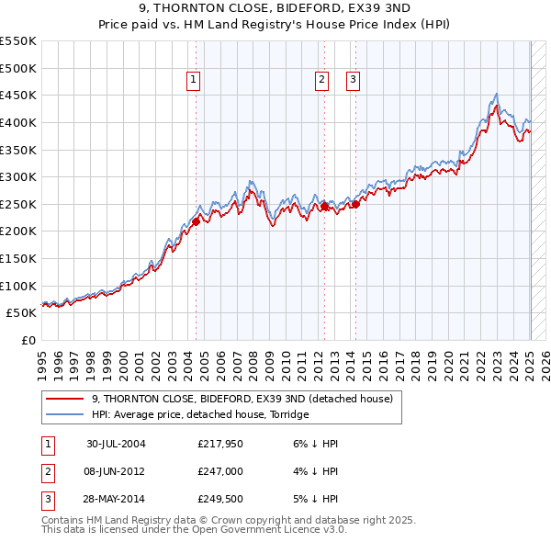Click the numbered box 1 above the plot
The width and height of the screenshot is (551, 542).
tap(195, 81)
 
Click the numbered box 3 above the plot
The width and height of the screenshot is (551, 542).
tap(354, 81)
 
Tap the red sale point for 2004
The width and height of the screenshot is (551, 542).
tap(196, 220)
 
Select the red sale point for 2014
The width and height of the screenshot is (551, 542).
tap(355, 204)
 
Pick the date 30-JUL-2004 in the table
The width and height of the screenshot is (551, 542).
tap(116, 444)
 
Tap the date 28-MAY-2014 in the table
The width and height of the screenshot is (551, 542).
tap(116, 501)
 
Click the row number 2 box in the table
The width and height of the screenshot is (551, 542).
tap(47, 472)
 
